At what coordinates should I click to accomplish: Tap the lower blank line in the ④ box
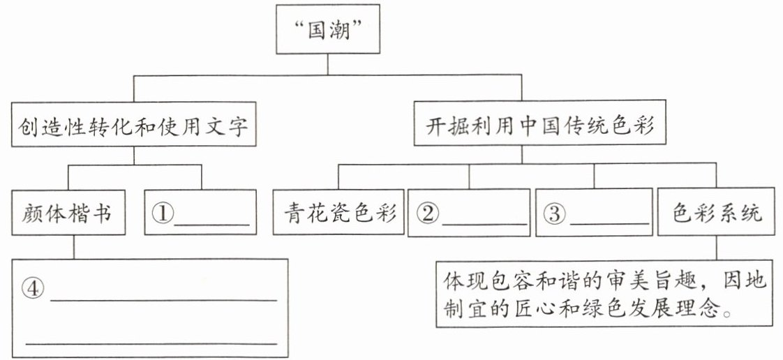pos(151,343)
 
